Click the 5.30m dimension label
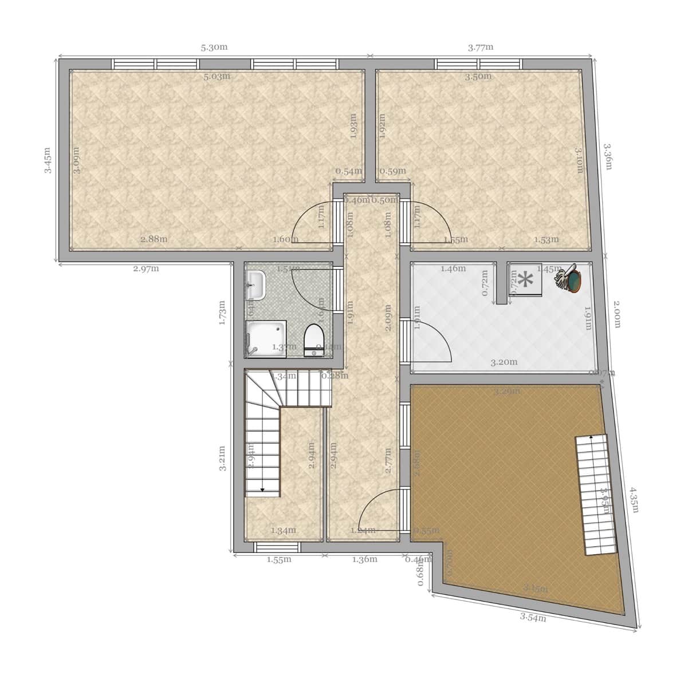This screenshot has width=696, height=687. point(214,48)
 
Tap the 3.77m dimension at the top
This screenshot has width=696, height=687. point(481,48)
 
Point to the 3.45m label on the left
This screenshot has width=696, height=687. point(48,160)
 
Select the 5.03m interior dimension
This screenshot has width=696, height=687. point(217,76)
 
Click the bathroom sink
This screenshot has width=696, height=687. point(256,285)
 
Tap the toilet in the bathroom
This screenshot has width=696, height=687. point(313,340)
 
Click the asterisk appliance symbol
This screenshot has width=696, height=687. point(525,280)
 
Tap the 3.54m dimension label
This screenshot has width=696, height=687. point(533,617)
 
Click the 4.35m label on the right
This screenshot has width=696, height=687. point(634,500)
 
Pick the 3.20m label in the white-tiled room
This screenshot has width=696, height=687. point(504,362)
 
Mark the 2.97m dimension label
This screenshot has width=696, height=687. point(146,269)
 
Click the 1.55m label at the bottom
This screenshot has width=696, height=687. point(279,559)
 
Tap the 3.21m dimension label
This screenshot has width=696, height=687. point(223,458)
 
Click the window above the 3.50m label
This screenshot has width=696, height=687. point(478,64)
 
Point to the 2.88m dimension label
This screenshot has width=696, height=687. point(154,239)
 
